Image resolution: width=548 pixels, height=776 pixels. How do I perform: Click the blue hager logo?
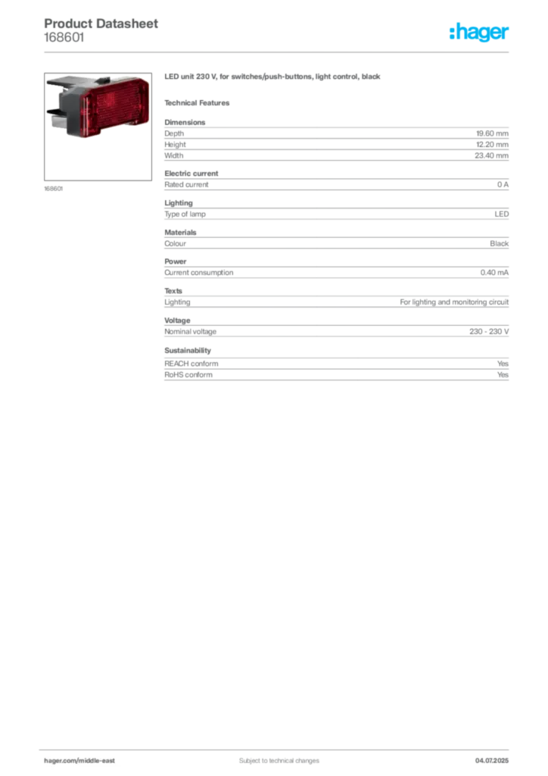[480, 33]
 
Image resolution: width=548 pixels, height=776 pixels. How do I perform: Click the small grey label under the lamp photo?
[54, 189]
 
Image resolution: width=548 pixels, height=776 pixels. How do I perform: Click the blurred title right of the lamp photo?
[276, 78]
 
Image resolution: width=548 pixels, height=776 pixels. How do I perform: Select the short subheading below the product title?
[200, 102]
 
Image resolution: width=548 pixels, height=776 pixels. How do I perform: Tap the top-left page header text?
[103, 23]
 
